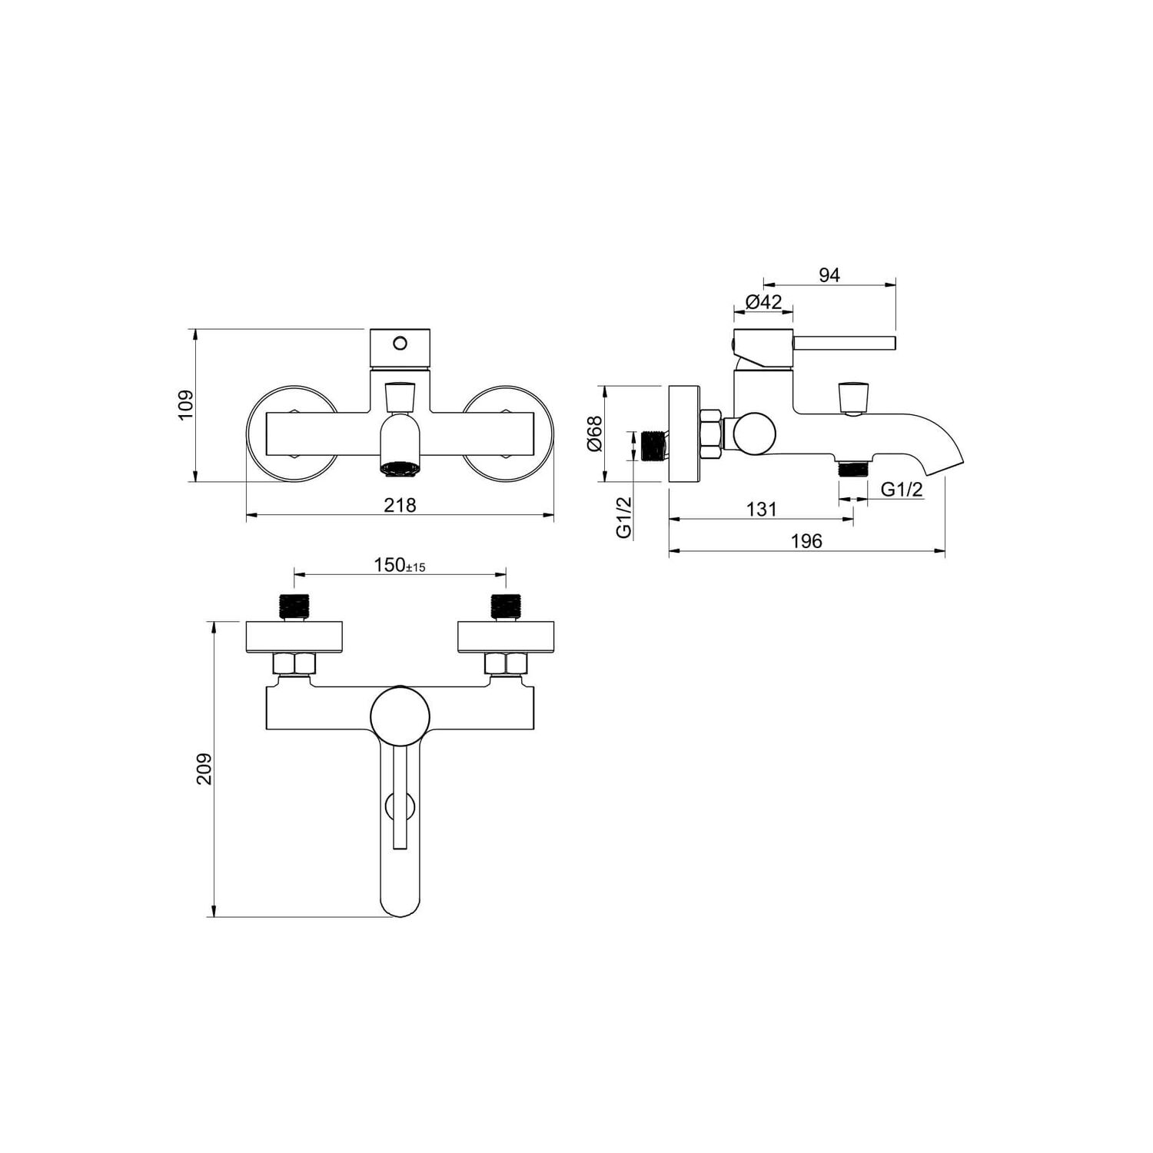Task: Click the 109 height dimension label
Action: click(185, 405)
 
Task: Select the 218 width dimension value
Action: click(400, 505)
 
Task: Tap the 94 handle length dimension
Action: click(829, 275)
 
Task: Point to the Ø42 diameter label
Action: click(763, 302)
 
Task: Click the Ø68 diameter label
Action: click(594, 434)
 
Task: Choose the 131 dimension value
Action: click(761, 509)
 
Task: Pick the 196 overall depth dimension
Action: click(806, 541)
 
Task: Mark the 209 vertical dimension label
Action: click(204, 769)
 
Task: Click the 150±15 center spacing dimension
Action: click(400, 566)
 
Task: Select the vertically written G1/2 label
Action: click(624, 517)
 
